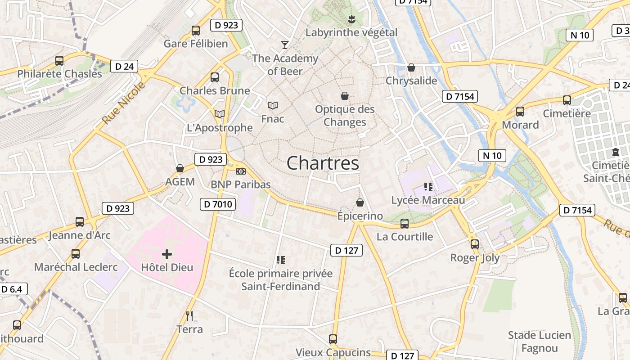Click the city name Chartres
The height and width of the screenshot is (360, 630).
coord(323,163)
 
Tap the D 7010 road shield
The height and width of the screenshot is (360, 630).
coord(218,204)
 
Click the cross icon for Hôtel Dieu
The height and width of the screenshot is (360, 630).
coord(167,254)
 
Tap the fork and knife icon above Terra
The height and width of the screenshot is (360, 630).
coord(189,316)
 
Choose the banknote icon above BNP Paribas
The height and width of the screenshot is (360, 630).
coord(241,171)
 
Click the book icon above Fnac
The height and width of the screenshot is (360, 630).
coord(273,105)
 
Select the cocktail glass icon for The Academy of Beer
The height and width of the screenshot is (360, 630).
coord(285,45)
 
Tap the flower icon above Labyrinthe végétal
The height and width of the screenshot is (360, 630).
coord(351,19)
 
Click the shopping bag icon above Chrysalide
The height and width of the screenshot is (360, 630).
coord(411,67)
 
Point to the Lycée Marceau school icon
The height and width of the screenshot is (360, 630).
coord(428,186)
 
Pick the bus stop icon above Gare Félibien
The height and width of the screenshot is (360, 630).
coord(196,31)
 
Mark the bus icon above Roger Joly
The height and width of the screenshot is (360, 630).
coord(475,244)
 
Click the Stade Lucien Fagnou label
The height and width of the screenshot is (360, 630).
coord(539,342)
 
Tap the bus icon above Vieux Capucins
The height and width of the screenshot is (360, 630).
coord(333,339)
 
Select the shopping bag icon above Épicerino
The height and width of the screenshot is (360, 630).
coord(360,202)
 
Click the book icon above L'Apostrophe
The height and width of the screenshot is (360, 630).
coord(220,114)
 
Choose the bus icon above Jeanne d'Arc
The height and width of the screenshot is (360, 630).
coord(80,222)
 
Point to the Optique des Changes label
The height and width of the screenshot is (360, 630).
coord(345,116)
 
